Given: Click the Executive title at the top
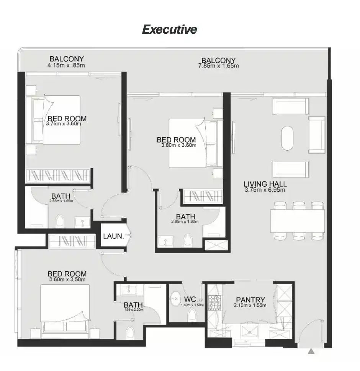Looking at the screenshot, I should (x=169, y=30).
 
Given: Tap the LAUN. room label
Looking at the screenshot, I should (x=113, y=236).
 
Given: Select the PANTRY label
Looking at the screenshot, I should (x=250, y=300).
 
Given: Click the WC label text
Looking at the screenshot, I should (x=190, y=299).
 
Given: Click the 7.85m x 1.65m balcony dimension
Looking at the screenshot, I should (x=218, y=66).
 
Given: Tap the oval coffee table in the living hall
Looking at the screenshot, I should (x=288, y=139).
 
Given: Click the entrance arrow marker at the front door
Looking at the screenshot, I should (x=312, y=351).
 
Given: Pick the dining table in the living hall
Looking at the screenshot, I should (x=298, y=221).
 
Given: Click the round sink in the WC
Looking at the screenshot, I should (x=176, y=297).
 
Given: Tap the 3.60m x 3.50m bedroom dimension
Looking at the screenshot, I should (x=67, y=280).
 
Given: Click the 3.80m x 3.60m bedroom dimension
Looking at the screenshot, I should (x=177, y=145).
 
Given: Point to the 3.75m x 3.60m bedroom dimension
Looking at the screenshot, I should (x=64, y=124).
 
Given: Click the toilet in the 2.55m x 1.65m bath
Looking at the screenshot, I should (x=61, y=222).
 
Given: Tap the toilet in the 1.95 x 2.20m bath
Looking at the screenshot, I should (x=130, y=332).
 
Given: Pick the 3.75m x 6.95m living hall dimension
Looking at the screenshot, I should (x=265, y=190).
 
